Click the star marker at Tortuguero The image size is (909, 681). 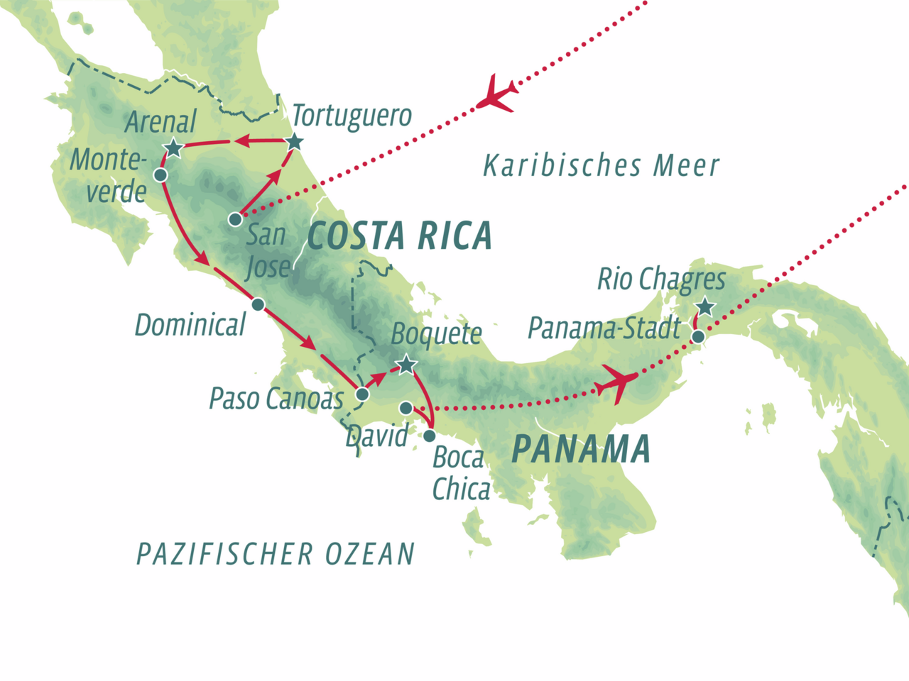point(295,142)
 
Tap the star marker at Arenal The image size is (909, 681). point(173,148)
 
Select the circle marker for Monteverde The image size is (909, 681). point(160,175)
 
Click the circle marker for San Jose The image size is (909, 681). point(235,220)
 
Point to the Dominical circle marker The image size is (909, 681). point(258,304)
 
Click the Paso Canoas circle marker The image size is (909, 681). point(362,394)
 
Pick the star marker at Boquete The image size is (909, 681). point(405,365)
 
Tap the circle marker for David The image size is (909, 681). point(405,408)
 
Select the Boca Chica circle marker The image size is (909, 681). point(430,436)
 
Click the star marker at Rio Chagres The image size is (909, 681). point(704,307)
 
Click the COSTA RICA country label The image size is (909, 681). point(400,236)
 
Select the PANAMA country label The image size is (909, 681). point(581,449)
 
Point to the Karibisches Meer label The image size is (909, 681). point(601,166)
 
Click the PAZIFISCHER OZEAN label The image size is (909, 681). point(276,554)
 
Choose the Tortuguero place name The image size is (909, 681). point(352,116)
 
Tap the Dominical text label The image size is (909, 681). point(190,325)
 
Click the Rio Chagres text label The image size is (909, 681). point(660,279)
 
